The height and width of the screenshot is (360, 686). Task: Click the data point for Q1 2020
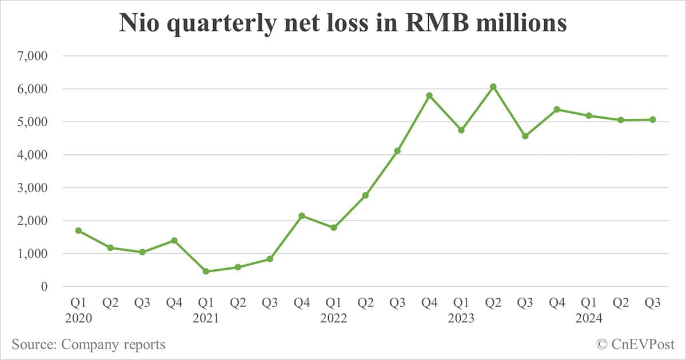click(x=78, y=230)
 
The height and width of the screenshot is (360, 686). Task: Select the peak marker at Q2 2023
click(x=493, y=87)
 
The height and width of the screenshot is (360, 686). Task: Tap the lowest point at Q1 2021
click(x=206, y=271)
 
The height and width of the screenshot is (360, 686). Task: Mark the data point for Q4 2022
click(x=429, y=95)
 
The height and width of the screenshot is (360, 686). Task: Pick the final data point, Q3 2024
click(x=653, y=119)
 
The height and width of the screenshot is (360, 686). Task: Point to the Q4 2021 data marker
click(x=302, y=215)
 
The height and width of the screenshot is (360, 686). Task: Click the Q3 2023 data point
click(x=525, y=136)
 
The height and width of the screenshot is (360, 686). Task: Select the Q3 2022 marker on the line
click(x=397, y=151)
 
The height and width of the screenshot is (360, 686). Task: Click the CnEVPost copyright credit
click(x=636, y=344)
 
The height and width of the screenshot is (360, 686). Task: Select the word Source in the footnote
click(x=33, y=344)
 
